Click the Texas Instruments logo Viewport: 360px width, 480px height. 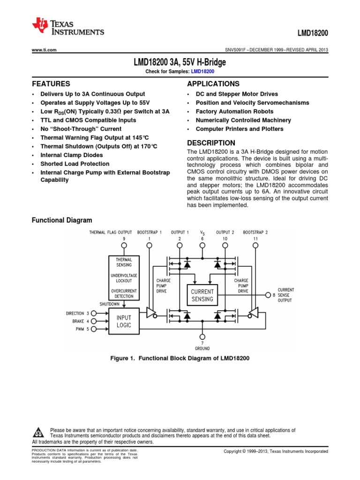point(68,27)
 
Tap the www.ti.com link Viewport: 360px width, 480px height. point(44,50)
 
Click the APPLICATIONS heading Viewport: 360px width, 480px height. point(213,84)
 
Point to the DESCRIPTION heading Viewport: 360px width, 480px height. point(211,143)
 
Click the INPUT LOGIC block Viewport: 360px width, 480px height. point(124,322)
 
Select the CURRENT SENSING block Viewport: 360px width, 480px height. point(202,295)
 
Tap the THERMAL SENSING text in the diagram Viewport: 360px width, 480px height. point(120,262)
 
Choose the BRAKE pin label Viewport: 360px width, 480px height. point(78,321)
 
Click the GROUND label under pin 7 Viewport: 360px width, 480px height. point(202,349)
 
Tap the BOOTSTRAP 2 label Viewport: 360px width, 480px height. point(255,232)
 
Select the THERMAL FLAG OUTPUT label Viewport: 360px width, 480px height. point(111,232)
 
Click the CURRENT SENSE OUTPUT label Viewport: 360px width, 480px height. point(286,295)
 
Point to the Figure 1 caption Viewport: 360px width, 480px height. point(180,358)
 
